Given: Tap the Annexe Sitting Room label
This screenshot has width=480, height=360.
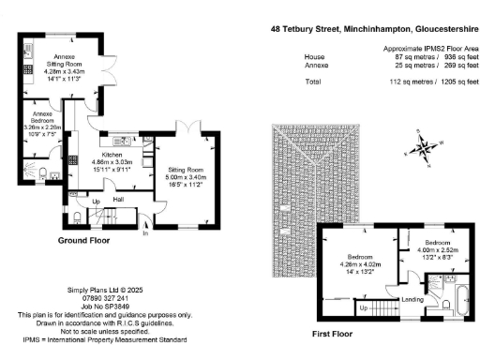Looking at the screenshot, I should coord(64,59).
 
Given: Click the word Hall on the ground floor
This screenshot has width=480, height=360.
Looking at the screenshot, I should coord(119,199).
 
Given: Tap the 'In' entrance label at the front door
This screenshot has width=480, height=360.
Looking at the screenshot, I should coord(144,233).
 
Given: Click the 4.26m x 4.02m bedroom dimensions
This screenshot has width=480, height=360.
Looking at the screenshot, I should coord(361,263).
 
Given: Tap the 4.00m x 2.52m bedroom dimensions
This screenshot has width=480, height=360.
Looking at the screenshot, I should coord(420,250).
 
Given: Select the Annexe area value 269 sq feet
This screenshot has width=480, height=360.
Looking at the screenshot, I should coord(454,66).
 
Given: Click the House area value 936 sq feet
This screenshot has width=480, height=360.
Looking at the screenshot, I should coord(454,56).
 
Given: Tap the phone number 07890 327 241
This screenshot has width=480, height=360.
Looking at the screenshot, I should coord(102,298).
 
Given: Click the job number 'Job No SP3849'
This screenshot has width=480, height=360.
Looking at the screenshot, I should coord(102,306).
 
